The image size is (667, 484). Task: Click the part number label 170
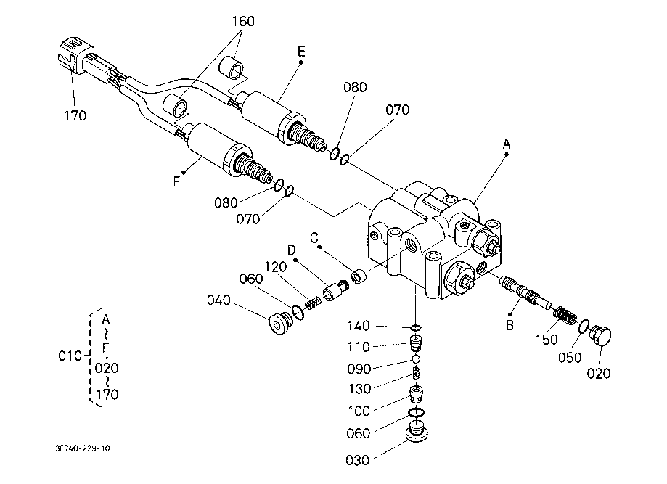(x=75, y=115)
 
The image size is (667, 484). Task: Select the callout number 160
(x=243, y=21)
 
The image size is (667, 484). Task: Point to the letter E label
(x=301, y=52)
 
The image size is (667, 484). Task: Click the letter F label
(x=177, y=182)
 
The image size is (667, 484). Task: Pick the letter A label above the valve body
(x=506, y=144)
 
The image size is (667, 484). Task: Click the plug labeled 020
(x=600, y=335)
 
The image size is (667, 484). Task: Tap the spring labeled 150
(x=565, y=316)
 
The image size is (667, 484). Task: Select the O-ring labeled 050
(x=584, y=327)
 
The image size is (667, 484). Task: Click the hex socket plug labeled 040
(x=279, y=324)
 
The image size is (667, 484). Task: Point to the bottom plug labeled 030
(x=416, y=432)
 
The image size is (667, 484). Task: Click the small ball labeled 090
(x=416, y=359)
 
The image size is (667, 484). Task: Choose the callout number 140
(x=359, y=326)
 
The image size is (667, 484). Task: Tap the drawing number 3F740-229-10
(x=83, y=448)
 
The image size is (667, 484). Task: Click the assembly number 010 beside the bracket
(x=70, y=356)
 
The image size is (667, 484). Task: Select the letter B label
(x=510, y=325)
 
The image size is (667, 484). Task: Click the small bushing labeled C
(x=358, y=277)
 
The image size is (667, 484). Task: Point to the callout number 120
(x=276, y=267)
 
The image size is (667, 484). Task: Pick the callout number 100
(x=359, y=411)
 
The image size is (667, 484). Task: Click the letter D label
(x=291, y=250)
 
